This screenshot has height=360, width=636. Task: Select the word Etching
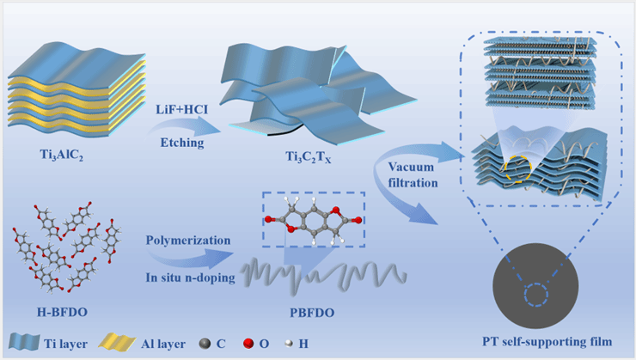pyautogui.click(x=180, y=142)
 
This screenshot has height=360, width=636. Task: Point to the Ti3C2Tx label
pyautogui.click(x=296, y=160)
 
